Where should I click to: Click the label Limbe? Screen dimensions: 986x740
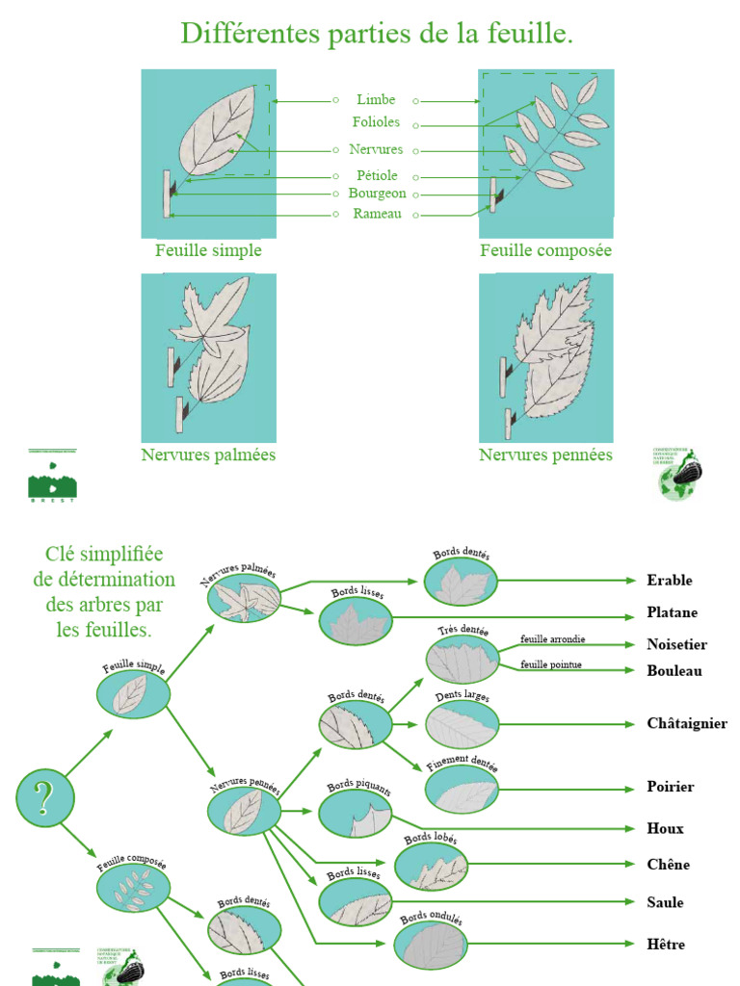(376, 100)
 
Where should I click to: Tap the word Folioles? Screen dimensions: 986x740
(376, 123)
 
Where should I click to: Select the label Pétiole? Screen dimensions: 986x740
(377, 176)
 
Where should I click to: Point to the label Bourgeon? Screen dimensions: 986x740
(377, 194)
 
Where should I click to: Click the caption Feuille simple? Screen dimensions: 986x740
(208, 250)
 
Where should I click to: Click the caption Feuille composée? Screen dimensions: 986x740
(545, 250)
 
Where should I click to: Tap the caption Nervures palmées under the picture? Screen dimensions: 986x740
(208, 454)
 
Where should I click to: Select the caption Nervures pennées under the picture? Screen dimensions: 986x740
(545, 454)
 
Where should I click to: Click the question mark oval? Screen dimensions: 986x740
(44, 798)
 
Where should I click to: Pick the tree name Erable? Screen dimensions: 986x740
(670, 581)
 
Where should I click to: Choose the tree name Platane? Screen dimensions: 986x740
(673, 612)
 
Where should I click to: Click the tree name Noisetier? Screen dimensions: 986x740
(677, 645)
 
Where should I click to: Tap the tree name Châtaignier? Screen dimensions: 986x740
(687, 724)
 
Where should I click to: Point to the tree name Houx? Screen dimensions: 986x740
(666, 828)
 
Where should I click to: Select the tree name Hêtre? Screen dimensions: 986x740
(667, 945)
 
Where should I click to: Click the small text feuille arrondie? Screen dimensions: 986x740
(552, 639)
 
